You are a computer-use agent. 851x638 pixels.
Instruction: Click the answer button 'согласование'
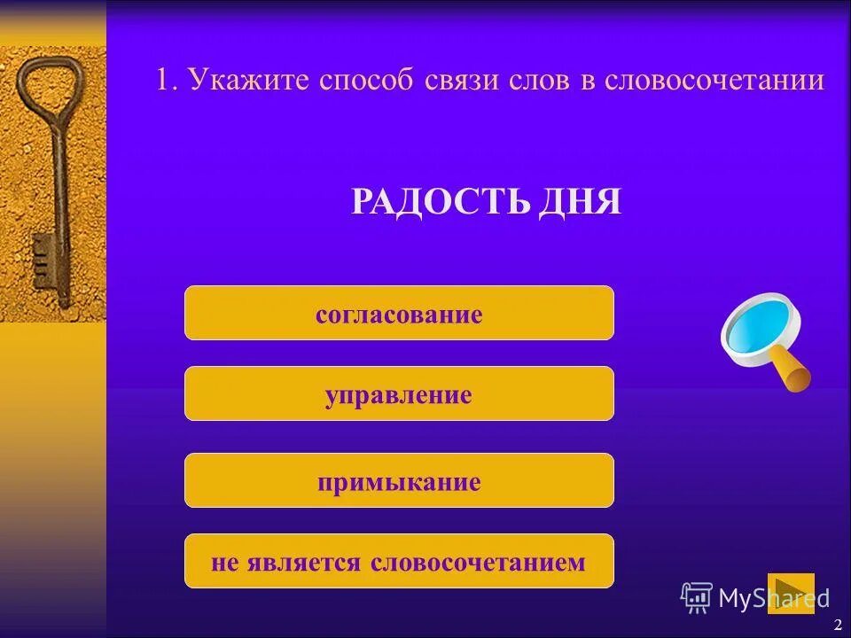(399, 314)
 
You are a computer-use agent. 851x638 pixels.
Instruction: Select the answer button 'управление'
(399, 394)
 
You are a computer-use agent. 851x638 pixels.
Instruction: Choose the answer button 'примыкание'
(399, 481)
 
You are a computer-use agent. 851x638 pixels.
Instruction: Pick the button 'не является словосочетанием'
(399, 562)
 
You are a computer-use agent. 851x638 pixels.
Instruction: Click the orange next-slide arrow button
(790, 593)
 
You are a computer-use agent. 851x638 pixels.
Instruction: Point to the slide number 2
(838, 625)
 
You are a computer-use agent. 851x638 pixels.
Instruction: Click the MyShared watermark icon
(697, 598)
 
